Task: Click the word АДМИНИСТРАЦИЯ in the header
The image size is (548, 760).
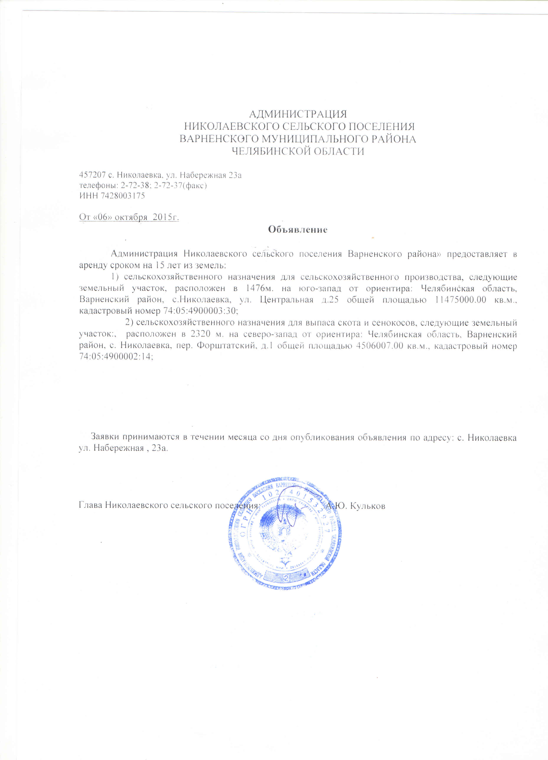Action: click(298, 114)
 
